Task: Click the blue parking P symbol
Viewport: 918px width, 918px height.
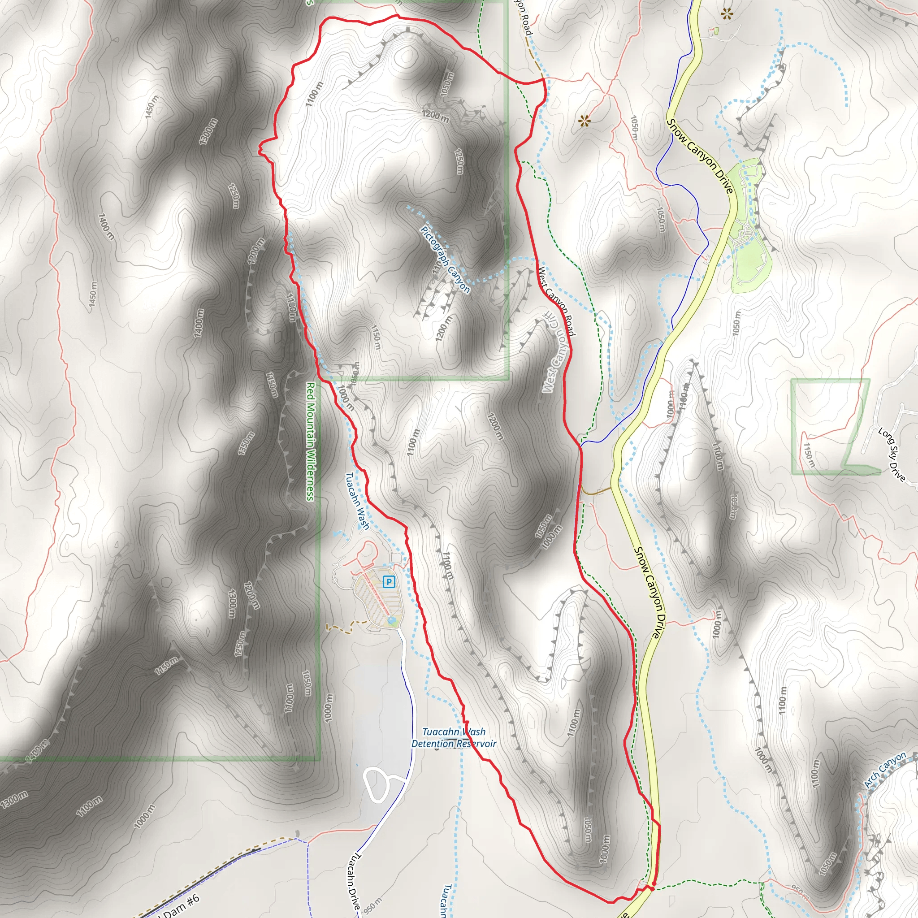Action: click(389, 581)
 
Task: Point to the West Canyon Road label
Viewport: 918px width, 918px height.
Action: click(556, 302)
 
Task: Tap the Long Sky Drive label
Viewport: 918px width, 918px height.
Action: click(892, 454)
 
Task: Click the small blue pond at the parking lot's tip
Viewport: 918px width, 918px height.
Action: click(391, 620)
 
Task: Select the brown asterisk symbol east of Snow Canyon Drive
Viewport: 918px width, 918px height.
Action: click(727, 14)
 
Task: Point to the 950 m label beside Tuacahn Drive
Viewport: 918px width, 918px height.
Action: click(372, 905)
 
